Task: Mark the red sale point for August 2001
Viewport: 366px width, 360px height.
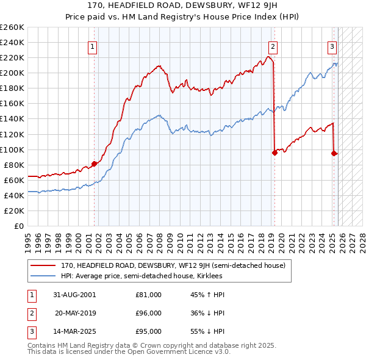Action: (x=95, y=164)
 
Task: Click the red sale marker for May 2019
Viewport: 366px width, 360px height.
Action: (x=274, y=153)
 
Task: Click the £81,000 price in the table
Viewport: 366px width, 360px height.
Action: (x=149, y=295)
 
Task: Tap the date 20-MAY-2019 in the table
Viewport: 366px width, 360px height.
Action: (x=75, y=313)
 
